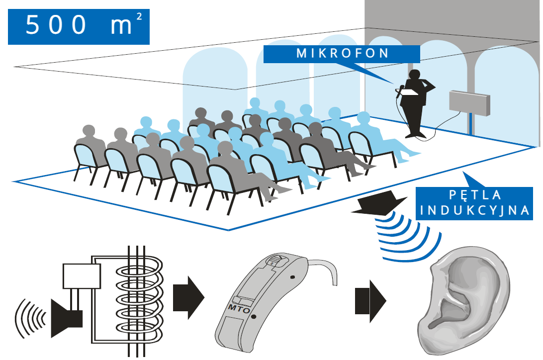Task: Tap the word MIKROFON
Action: (343, 54)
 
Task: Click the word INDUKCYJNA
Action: (474, 210)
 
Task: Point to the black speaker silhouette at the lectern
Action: (416, 104)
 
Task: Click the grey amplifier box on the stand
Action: (469, 103)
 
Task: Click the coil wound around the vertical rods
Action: (137, 298)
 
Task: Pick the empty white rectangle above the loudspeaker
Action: (82, 276)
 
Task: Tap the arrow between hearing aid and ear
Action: (369, 300)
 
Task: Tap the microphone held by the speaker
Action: (400, 90)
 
